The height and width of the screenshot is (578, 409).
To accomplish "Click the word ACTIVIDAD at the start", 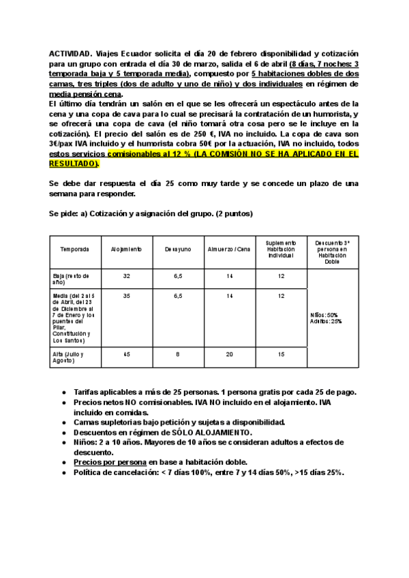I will click(70, 53).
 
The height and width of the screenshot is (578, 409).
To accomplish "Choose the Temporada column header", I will click(74, 249).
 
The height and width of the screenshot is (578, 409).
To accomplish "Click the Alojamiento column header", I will click(126, 249).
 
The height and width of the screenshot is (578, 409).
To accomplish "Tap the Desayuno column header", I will click(178, 249).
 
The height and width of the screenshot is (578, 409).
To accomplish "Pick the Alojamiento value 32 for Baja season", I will click(126, 276).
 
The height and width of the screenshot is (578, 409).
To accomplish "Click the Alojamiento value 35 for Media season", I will click(126, 296).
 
